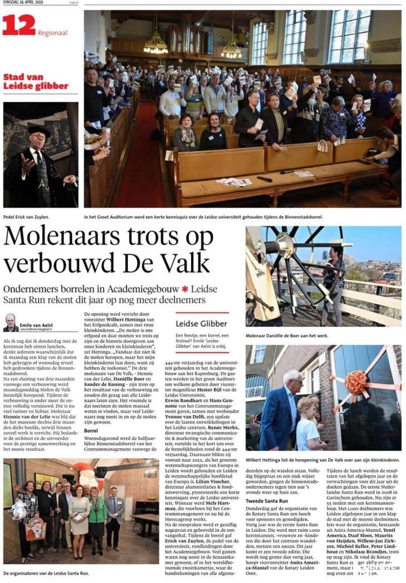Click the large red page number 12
pos(18,25)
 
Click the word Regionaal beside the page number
pos(53,33)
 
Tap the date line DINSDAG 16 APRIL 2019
pos(26,4)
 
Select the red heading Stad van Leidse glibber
pos(36,81)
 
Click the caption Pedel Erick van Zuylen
pos(26,216)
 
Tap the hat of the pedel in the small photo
pos(39,130)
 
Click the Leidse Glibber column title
pos(201,323)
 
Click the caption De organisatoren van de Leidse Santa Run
pos(46,572)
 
